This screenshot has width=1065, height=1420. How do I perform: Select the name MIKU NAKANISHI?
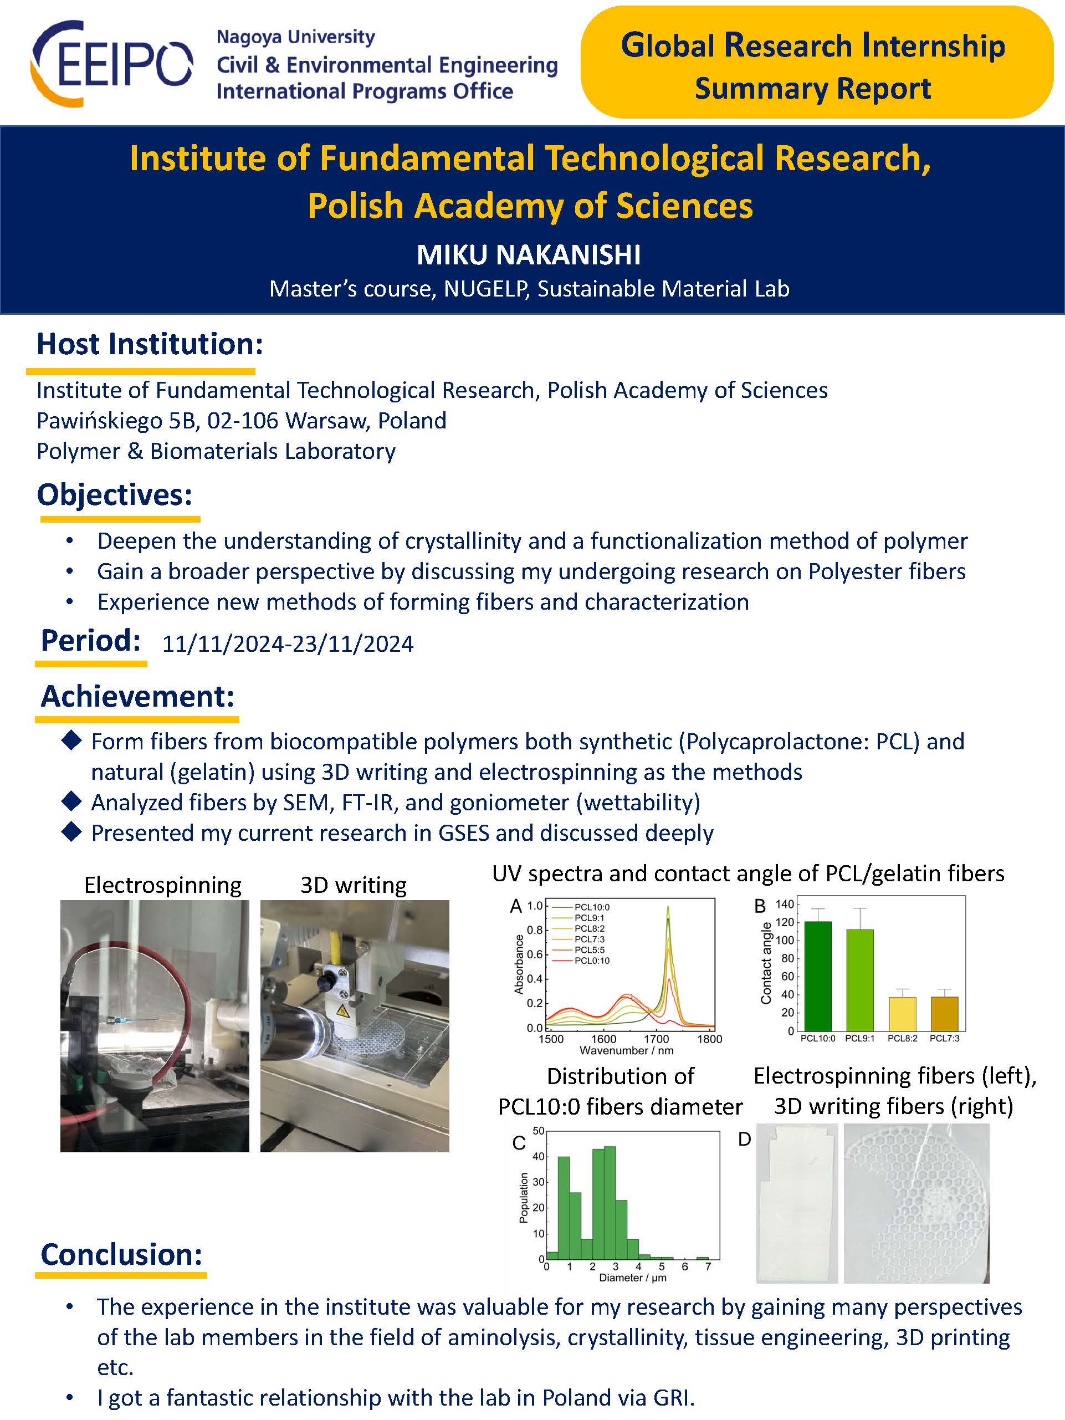[528, 255]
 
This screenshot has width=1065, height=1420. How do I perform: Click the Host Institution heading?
[150, 344]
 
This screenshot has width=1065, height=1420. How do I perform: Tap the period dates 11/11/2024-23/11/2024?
[288, 644]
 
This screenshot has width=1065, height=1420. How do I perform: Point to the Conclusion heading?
[121, 1254]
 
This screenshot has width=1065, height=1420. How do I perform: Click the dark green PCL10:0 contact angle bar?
[817, 976]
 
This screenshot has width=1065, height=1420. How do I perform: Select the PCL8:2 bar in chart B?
[902, 1014]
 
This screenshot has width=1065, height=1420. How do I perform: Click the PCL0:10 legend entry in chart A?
[591, 961]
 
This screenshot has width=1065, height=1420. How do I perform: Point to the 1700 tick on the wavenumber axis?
[656, 1039]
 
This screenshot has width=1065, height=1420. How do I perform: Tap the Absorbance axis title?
[519, 964]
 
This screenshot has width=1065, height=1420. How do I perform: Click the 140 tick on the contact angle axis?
[785, 905]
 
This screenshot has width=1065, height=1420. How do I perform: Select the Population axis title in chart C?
[524, 1197]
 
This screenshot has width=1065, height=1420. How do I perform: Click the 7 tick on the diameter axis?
[708, 1266]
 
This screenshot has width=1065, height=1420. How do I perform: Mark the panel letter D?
[744, 1139]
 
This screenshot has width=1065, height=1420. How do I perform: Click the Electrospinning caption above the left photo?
[162, 885]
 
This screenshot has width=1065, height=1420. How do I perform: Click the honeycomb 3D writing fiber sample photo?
[916, 1204]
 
